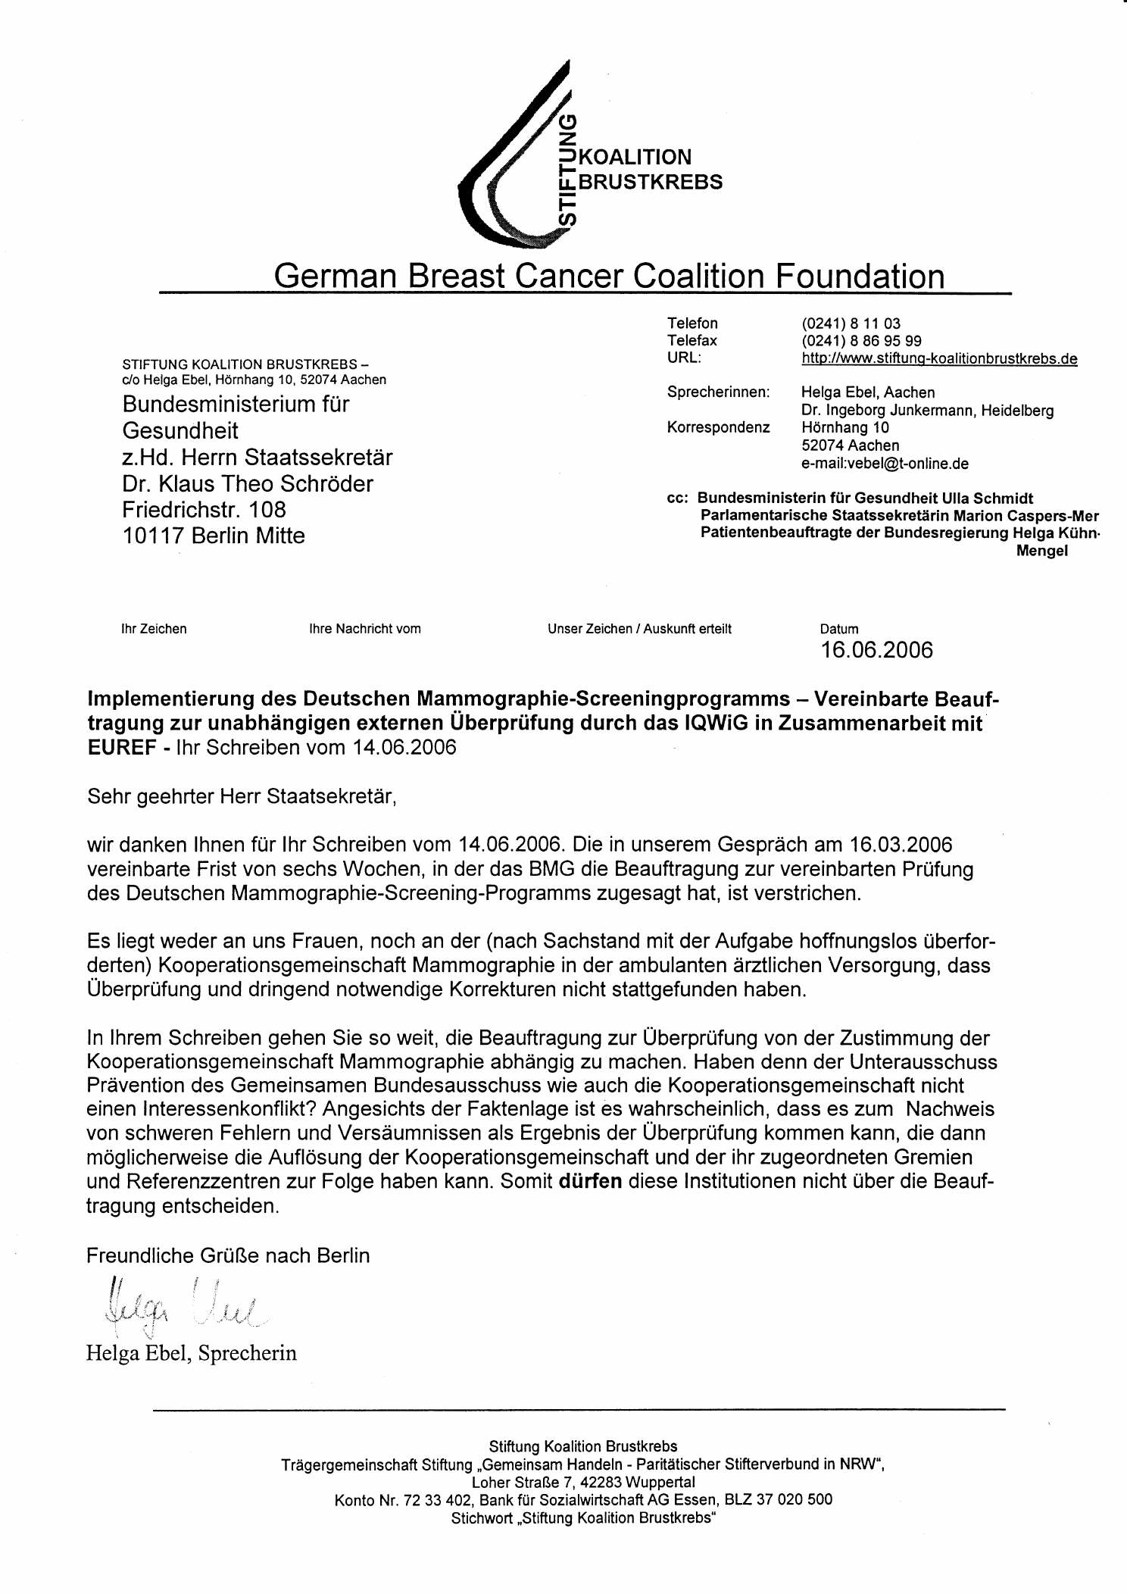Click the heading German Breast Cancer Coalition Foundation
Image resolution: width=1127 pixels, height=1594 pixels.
[x=609, y=276]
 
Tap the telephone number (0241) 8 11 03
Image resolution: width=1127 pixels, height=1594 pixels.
[x=851, y=323]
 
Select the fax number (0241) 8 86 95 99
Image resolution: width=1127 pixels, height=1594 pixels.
[x=861, y=341]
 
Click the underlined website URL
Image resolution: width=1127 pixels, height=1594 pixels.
[x=939, y=358]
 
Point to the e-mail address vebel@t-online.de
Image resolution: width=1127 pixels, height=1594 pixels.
[x=885, y=463]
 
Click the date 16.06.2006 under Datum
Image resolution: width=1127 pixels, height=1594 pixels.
[x=877, y=650]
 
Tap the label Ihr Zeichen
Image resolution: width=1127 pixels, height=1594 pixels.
[x=154, y=629]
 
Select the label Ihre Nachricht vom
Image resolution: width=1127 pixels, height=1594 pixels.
[x=365, y=629]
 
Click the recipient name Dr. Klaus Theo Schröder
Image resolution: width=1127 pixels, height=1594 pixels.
[x=248, y=483]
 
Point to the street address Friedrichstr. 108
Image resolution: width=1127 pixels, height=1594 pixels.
[x=204, y=509]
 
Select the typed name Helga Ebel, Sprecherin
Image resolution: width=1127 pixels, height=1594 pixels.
[x=192, y=1352]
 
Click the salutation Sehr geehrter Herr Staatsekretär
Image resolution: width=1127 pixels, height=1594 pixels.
[x=242, y=796]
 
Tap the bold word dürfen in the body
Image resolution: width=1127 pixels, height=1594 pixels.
[x=590, y=1181]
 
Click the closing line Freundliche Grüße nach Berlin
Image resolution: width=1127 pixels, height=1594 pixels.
[x=228, y=1255]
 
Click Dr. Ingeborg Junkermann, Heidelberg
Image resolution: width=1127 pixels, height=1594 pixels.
[x=927, y=411]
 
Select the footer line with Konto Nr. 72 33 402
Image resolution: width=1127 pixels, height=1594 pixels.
[x=583, y=1499]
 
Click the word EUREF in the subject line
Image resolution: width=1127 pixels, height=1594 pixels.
[x=122, y=747]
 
